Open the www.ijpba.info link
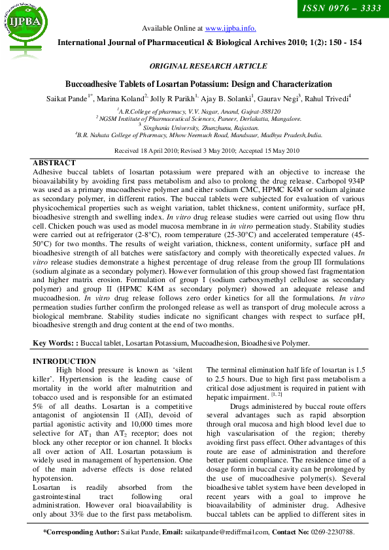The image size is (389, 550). (x=230, y=28)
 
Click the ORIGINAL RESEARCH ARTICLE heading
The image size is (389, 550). (x=208, y=66)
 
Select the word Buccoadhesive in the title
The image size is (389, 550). (x=95, y=84)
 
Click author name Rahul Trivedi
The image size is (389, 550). (x=328, y=98)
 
